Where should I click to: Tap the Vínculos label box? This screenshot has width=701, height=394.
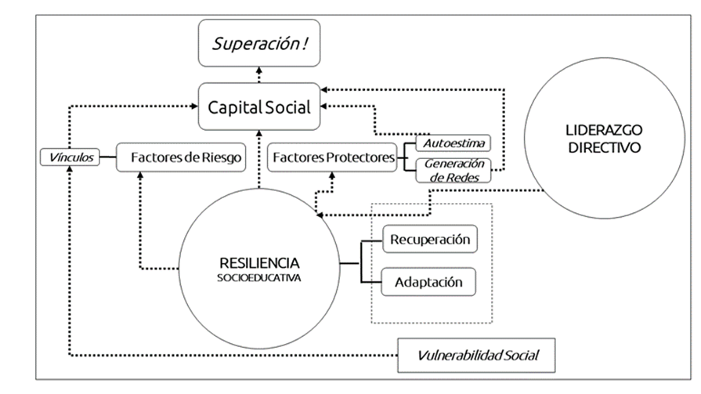pyautogui.click(x=69, y=157)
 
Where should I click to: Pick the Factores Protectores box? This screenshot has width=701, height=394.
pyautogui.click(x=333, y=157)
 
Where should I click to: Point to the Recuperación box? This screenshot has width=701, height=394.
pyautogui.click(x=428, y=239)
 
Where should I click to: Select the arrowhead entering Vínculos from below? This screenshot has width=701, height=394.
pyautogui.click(x=69, y=170)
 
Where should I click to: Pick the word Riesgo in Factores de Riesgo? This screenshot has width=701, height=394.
pyautogui.click(x=219, y=157)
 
